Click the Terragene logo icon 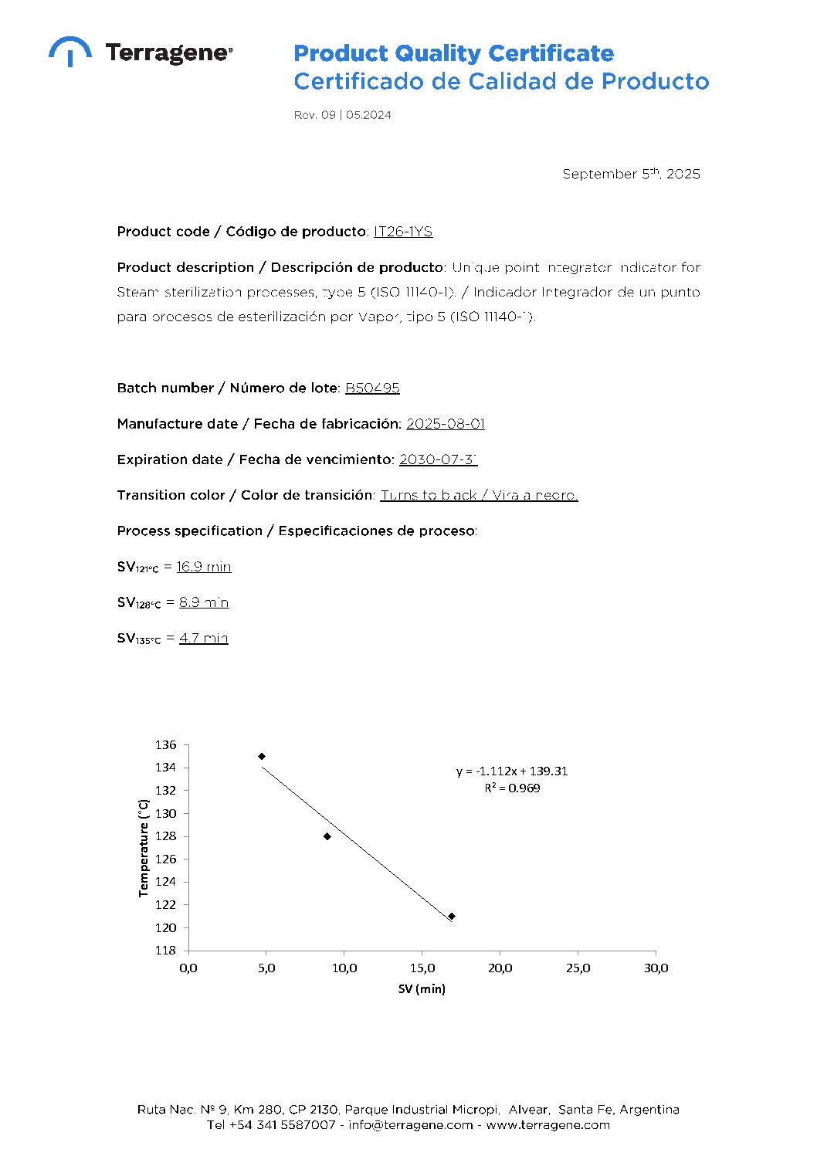[69, 51]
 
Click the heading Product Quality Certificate [453, 53]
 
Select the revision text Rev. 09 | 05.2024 [342, 115]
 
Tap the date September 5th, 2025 [631, 174]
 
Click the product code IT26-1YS [402, 232]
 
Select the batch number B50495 [372, 388]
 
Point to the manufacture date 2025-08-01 [445, 423]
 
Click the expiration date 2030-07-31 [438, 459]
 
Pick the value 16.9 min [204, 567]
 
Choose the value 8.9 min [204, 602]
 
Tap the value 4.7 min [204, 638]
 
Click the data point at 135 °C [262, 756]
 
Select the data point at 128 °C [327, 836]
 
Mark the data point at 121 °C [452, 916]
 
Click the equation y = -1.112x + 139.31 [512, 771]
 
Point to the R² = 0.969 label [512, 788]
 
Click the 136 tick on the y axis [166, 745]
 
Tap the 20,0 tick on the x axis [500, 968]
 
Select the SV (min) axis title [422, 989]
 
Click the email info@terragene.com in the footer [410, 1125]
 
